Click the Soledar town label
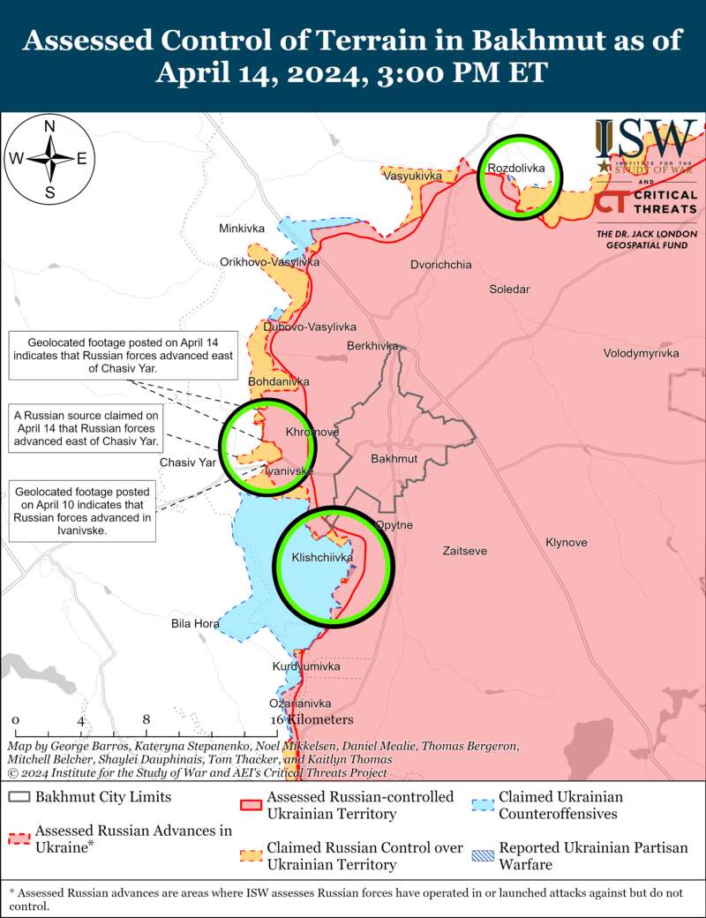point(509,290)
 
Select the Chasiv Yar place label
point(187,462)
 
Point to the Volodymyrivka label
point(641,353)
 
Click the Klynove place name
point(566,542)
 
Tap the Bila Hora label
point(195,623)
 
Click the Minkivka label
point(242,229)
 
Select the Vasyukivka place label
point(411,177)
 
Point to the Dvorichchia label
point(440,265)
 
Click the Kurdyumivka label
point(306,666)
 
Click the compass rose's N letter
point(50,125)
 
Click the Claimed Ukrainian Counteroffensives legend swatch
point(482,804)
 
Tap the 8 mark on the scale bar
point(146,719)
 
